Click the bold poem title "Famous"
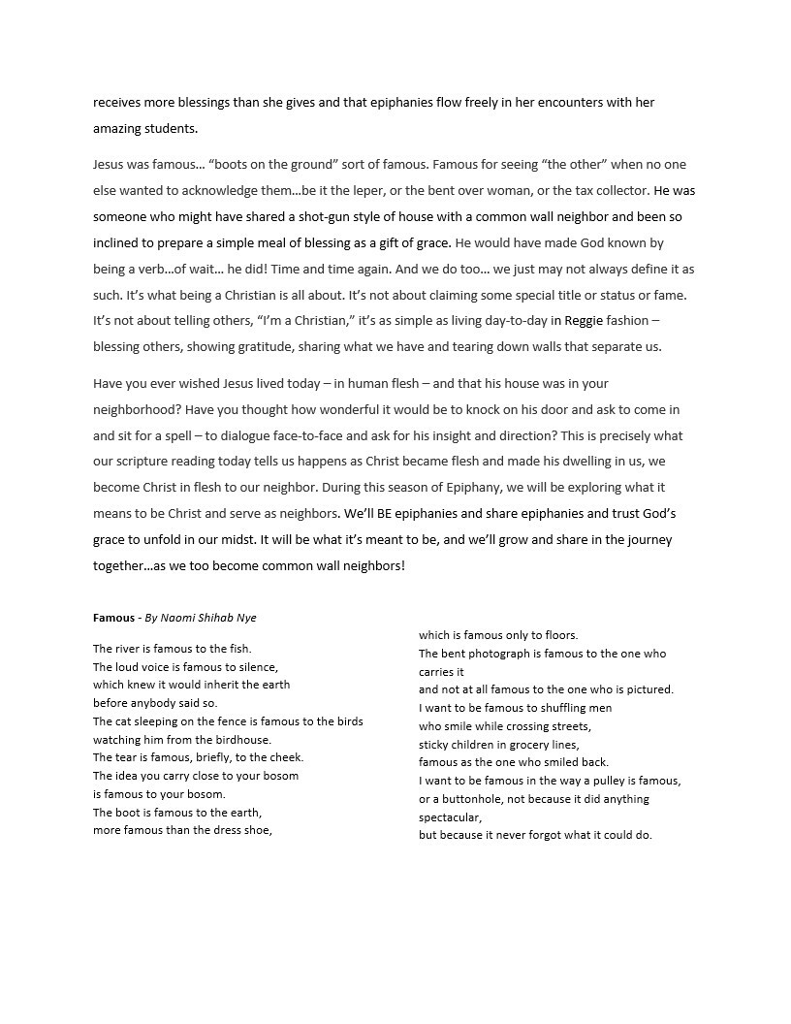coord(112,618)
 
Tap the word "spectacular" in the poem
coord(449,817)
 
